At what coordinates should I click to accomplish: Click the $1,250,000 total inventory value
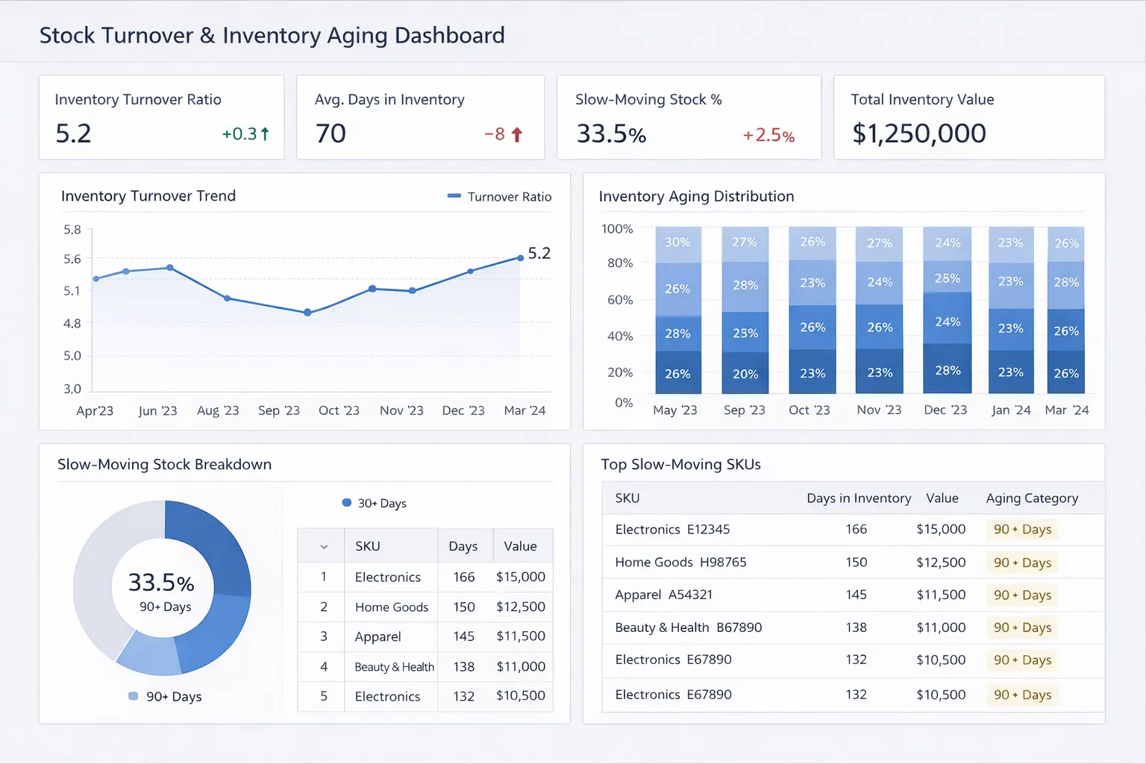(919, 134)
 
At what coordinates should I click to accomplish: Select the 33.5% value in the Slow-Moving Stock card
(611, 134)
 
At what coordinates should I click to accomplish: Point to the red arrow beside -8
(517, 135)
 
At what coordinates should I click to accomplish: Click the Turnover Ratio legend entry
(499, 197)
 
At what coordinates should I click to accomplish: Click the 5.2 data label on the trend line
(539, 254)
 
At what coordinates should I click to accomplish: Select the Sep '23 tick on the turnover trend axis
(278, 410)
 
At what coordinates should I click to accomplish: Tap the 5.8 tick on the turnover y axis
(72, 230)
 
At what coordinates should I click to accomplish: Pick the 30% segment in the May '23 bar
(677, 242)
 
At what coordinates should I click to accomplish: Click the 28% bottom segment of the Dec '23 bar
(948, 370)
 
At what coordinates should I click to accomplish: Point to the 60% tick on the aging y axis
(620, 300)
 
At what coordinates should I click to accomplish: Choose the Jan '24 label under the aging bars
(1011, 410)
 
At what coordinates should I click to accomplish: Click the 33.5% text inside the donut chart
(161, 583)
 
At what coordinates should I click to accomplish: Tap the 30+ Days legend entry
(375, 504)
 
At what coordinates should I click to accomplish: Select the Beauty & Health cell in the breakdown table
(394, 667)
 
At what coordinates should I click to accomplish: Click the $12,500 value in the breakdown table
(520, 607)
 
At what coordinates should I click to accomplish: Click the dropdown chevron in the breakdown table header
(324, 547)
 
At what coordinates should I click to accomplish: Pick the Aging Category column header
(1032, 498)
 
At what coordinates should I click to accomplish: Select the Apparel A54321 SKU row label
(663, 595)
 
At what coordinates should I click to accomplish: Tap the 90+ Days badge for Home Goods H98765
(1022, 563)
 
